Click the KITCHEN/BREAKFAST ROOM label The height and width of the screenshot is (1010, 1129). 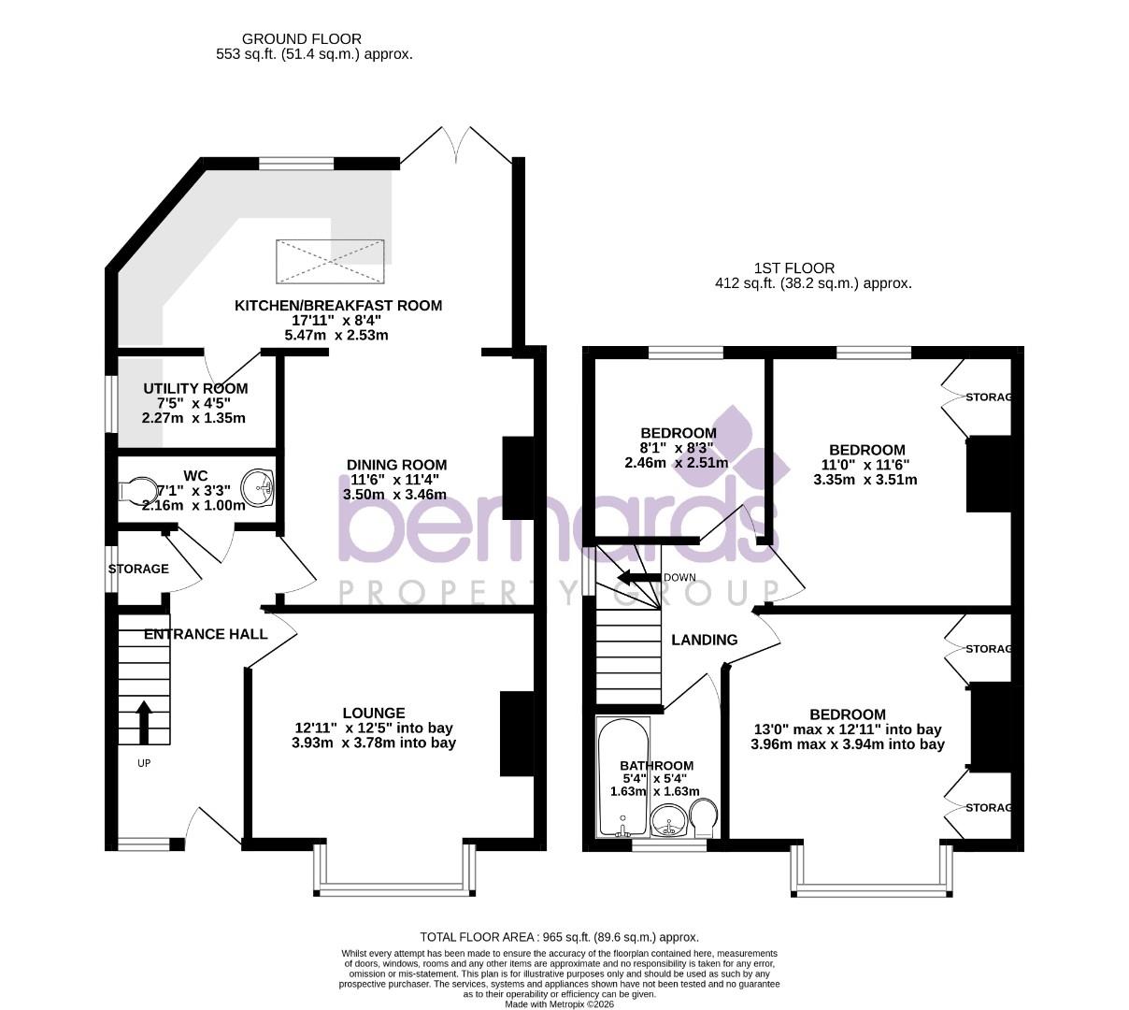point(337,305)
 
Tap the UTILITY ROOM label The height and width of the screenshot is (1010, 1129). point(195,388)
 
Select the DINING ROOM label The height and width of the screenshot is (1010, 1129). point(397,465)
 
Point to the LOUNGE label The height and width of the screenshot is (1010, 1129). point(374,713)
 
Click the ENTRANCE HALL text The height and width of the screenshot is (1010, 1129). point(206,633)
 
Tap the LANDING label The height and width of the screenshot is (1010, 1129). point(705,640)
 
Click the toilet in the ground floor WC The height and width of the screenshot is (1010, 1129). point(137,490)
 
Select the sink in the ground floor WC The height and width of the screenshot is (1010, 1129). point(257,487)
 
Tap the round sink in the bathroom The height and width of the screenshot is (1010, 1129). point(669,820)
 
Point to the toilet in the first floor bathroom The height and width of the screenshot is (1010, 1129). point(704,817)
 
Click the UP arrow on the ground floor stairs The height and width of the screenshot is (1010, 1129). point(144,722)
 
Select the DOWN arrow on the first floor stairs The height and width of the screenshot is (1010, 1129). point(638,577)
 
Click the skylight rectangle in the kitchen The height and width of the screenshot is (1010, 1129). point(331,262)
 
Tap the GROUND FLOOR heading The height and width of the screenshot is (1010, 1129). point(302,39)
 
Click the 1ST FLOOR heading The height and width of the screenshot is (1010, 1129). point(794,267)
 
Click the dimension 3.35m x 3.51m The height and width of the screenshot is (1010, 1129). point(865,480)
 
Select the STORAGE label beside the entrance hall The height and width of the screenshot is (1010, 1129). point(138,569)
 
